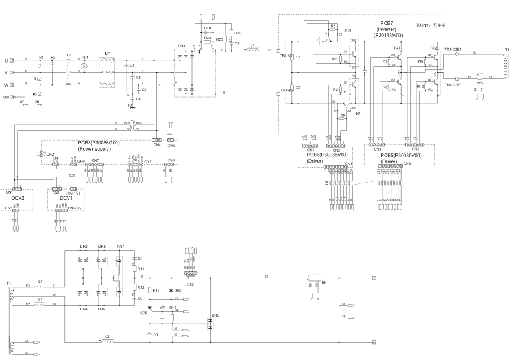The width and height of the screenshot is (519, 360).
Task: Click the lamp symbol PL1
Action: tap(85, 66)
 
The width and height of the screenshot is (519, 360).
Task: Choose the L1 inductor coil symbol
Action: tap(252, 50)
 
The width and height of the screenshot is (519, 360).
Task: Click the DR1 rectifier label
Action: tap(181, 46)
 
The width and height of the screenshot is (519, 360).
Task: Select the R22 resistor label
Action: tap(237, 33)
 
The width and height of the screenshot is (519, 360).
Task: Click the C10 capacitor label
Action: tap(207, 28)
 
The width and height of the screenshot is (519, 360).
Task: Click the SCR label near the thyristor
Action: tap(144, 311)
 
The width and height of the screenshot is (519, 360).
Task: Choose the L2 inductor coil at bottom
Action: tap(107, 341)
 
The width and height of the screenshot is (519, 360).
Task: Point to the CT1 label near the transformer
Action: tap(481, 74)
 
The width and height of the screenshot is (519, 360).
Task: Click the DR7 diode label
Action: tap(178, 290)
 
